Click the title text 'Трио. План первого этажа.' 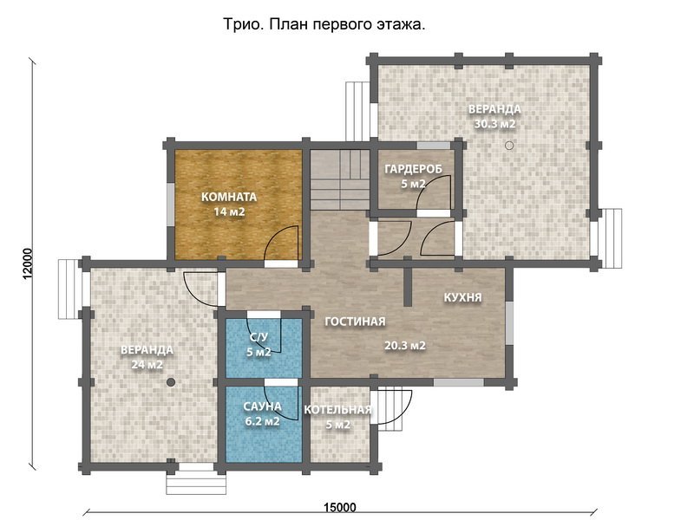[x=324, y=25]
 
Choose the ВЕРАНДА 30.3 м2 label [x=494, y=116]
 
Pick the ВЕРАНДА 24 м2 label [x=147, y=357]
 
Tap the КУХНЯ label [x=462, y=297]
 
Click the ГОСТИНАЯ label [x=355, y=322]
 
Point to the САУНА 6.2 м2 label [x=262, y=413]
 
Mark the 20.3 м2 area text [x=404, y=346]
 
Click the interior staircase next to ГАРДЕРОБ [x=339, y=179]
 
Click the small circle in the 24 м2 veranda [x=171, y=381]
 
